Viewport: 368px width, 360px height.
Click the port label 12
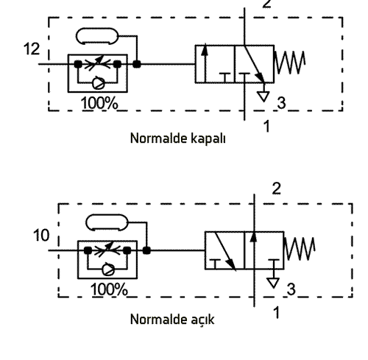click(32, 49)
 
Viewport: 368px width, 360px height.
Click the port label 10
click(41, 235)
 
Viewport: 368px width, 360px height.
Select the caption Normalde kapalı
click(177, 138)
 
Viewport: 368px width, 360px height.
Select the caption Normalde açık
click(172, 320)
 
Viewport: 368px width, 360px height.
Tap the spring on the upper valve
click(290, 63)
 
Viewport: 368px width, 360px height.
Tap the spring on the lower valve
click(300, 249)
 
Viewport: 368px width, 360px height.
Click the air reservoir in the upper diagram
click(97, 36)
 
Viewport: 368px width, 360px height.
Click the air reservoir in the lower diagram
click(107, 222)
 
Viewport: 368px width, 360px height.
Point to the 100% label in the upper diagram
click(99, 103)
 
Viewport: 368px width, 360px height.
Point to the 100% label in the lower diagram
click(109, 289)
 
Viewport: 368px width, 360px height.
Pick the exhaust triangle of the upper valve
click(263, 96)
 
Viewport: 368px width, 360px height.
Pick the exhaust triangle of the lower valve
click(273, 283)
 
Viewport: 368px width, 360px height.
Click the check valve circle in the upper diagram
click(99, 83)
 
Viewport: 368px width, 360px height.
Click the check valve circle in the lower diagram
click(108, 269)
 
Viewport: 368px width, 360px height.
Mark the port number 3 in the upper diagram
click(281, 103)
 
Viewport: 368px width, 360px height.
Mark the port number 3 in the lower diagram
click(291, 289)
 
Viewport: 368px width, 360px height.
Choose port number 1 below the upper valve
click(266, 127)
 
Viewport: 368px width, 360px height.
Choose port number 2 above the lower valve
click(277, 189)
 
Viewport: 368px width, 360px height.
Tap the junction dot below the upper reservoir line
click(137, 64)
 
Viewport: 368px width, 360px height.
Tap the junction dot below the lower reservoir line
click(146, 250)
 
